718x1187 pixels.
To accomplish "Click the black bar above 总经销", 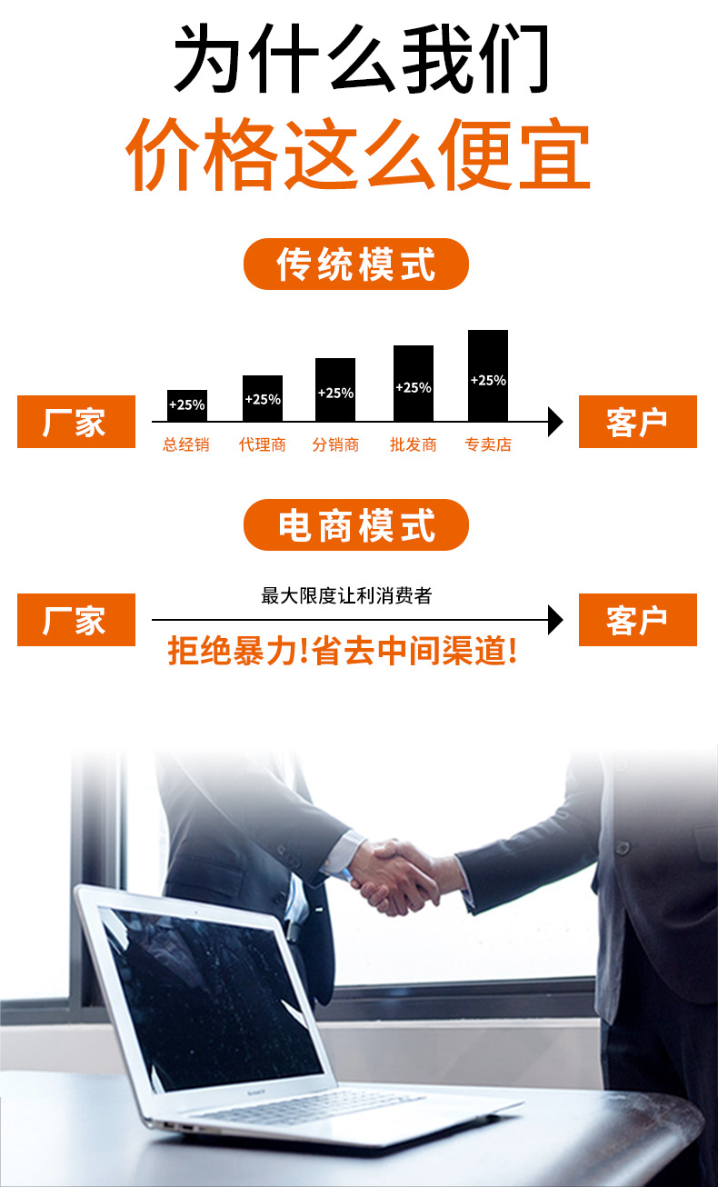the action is (x=187, y=405).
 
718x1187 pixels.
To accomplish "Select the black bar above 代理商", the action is (x=263, y=398).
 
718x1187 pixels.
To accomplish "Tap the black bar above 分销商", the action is (x=335, y=390).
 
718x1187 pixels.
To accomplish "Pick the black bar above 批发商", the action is (x=414, y=384).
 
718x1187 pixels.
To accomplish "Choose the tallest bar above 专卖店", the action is (x=488, y=375).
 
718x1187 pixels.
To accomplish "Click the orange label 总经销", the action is (x=186, y=445).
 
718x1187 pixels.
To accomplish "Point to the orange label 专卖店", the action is (x=488, y=445).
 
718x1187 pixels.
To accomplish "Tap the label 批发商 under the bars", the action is (x=414, y=445).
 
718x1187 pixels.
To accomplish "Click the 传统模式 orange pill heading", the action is (x=356, y=264).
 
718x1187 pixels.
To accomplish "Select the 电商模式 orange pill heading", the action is (x=356, y=525).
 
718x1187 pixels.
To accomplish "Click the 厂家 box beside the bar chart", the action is (x=76, y=422).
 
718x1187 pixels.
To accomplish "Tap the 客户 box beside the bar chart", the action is (x=637, y=422).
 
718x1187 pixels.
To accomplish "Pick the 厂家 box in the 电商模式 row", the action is (x=76, y=620).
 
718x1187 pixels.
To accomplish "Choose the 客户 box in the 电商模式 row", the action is (x=637, y=620).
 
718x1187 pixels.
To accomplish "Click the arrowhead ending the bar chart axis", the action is (x=555, y=422).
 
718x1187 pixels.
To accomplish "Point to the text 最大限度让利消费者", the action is (x=346, y=596).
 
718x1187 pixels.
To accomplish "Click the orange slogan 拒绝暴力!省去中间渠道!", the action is (x=343, y=651).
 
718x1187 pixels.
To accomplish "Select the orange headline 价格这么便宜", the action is (x=358, y=157).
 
